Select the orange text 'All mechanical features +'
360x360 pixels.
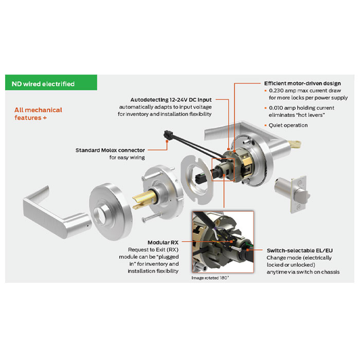(39, 114)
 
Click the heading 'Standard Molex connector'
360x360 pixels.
(110, 150)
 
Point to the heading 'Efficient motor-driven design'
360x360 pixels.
(302, 83)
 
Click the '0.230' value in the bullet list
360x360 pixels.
(278, 91)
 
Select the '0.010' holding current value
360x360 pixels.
(278, 108)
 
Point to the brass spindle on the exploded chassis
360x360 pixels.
(141, 198)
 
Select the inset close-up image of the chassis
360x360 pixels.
(222, 242)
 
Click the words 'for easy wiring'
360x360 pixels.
(127, 157)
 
